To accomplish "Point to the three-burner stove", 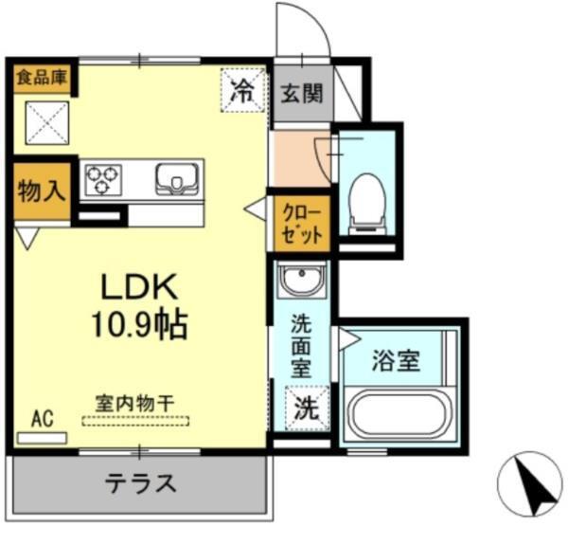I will coord(103,179).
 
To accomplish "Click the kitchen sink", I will coord(176,178).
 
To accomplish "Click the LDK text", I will coord(140,287).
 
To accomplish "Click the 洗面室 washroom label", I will coord(301,345).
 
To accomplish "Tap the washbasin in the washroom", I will coord(302,282).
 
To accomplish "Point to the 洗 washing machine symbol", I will coord(304,409).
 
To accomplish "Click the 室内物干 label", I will coord(133,401).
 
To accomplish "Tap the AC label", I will coord(41,418).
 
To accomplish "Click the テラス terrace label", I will coord(139,483).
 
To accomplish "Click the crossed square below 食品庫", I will coord(43,120).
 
